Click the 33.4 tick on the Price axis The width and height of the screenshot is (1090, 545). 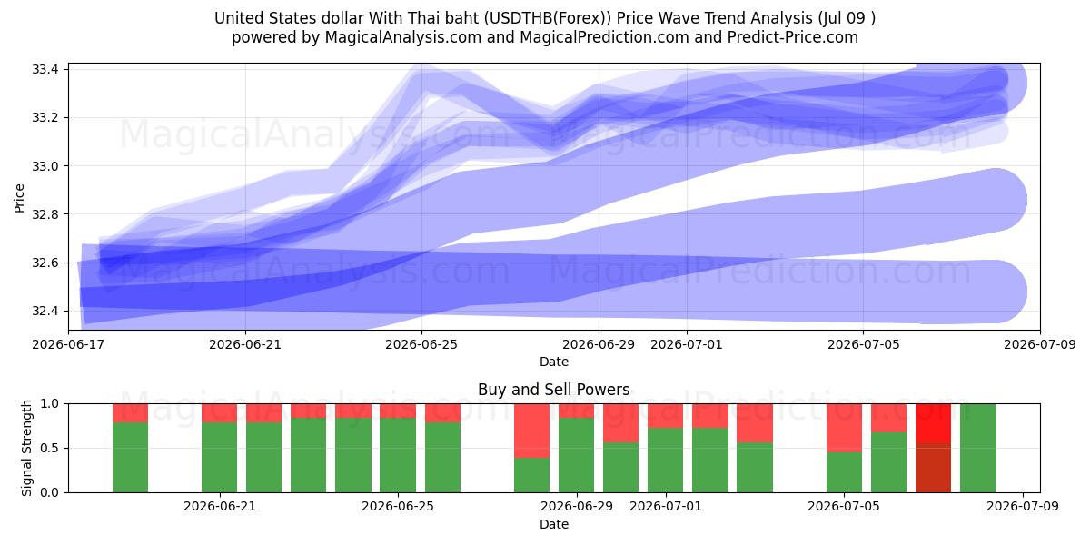[x=45, y=70]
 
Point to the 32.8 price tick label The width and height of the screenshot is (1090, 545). [x=45, y=214]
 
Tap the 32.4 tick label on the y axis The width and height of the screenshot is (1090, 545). [x=45, y=311]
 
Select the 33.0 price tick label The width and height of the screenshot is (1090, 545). [x=45, y=166]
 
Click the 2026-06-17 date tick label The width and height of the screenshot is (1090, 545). [x=69, y=344]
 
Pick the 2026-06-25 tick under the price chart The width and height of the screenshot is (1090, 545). [x=421, y=344]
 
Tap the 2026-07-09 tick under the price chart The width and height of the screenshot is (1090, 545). [x=1040, y=344]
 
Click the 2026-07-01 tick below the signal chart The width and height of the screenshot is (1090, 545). [x=666, y=507]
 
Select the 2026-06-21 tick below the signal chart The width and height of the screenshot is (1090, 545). [x=220, y=507]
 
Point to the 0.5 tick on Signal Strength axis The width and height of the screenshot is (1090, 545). [x=49, y=448]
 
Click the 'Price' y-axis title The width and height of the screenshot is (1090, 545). [x=19, y=199]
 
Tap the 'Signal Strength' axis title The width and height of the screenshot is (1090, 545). [x=26, y=448]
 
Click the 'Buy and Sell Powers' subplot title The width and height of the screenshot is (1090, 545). [x=554, y=390]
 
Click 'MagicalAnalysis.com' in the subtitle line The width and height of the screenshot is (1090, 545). [x=403, y=37]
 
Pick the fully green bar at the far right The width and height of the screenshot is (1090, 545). [x=977, y=448]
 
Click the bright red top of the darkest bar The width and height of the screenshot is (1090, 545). [x=934, y=423]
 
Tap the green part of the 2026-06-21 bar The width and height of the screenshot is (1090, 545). [x=220, y=458]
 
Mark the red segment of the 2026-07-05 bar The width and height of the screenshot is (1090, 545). [x=844, y=428]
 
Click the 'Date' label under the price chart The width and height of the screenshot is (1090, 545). [x=554, y=362]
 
